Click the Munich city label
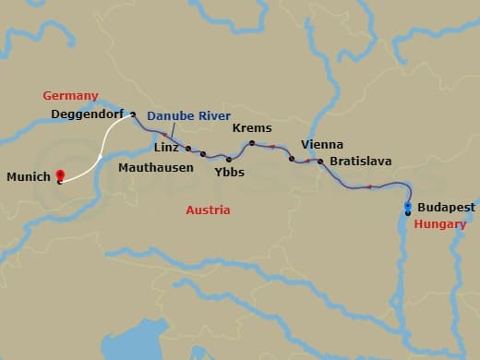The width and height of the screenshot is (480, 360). [27, 176]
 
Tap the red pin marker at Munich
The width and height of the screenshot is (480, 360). [60, 174]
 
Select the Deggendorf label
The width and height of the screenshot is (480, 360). [87, 115]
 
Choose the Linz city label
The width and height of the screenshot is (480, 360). [167, 148]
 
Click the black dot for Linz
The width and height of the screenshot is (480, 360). [188, 149]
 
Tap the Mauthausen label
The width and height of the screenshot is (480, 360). [156, 168]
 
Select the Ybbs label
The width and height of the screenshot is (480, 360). [228, 172]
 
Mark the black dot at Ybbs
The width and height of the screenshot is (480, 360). [229, 160]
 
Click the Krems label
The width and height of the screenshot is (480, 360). [252, 128]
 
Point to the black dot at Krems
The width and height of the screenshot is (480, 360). [252, 143]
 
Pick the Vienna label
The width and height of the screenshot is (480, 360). [322, 145]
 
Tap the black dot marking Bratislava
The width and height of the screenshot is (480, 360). [320, 162]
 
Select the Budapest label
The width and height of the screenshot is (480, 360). [446, 208]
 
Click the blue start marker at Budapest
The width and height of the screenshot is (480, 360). [408, 207]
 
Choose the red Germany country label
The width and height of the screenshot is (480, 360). [70, 96]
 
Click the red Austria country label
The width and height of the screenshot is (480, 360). [208, 210]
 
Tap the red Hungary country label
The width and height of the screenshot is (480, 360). [439, 224]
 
